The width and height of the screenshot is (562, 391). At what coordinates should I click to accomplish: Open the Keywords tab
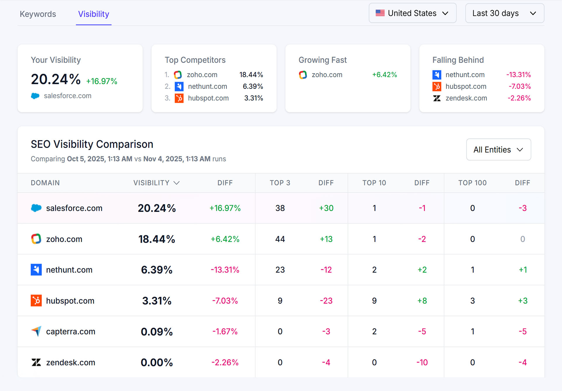click(x=38, y=14)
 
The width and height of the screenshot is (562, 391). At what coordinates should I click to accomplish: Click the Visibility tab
click(x=93, y=14)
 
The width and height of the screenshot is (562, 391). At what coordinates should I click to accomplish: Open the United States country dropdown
click(x=412, y=13)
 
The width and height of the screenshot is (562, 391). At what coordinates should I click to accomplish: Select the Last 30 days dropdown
click(x=504, y=13)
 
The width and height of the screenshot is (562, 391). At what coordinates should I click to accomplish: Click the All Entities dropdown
click(x=498, y=150)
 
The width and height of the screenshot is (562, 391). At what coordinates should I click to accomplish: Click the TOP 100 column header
click(x=472, y=183)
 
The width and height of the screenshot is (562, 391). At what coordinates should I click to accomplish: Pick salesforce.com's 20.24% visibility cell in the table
click(x=157, y=208)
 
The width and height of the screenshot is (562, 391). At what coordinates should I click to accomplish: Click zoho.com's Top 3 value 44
click(x=280, y=239)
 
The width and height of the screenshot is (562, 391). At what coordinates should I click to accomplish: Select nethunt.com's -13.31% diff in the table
click(x=225, y=270)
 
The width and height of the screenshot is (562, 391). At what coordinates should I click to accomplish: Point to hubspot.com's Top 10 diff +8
click(x=422, y=301)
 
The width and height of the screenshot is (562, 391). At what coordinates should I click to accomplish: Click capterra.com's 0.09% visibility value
click(x=157, y=332)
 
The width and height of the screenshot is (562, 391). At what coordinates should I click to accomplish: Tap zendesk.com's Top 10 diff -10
click(x=422, y=363)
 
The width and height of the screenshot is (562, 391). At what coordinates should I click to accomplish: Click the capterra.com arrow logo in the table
click(x=36, y=331)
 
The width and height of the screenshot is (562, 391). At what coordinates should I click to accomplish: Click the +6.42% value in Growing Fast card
click(x=384, y=75)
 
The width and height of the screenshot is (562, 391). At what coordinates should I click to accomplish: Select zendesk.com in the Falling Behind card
click(x=466, y=98)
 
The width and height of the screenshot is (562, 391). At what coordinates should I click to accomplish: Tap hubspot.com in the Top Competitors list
click(x=208, y=98)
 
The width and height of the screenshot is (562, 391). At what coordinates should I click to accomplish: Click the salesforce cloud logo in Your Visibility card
click(x=35, y=96)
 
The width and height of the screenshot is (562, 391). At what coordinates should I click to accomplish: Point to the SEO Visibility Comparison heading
click(x=92, y=144)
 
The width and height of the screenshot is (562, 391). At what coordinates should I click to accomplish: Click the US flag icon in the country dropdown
click(x=380, y=13)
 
